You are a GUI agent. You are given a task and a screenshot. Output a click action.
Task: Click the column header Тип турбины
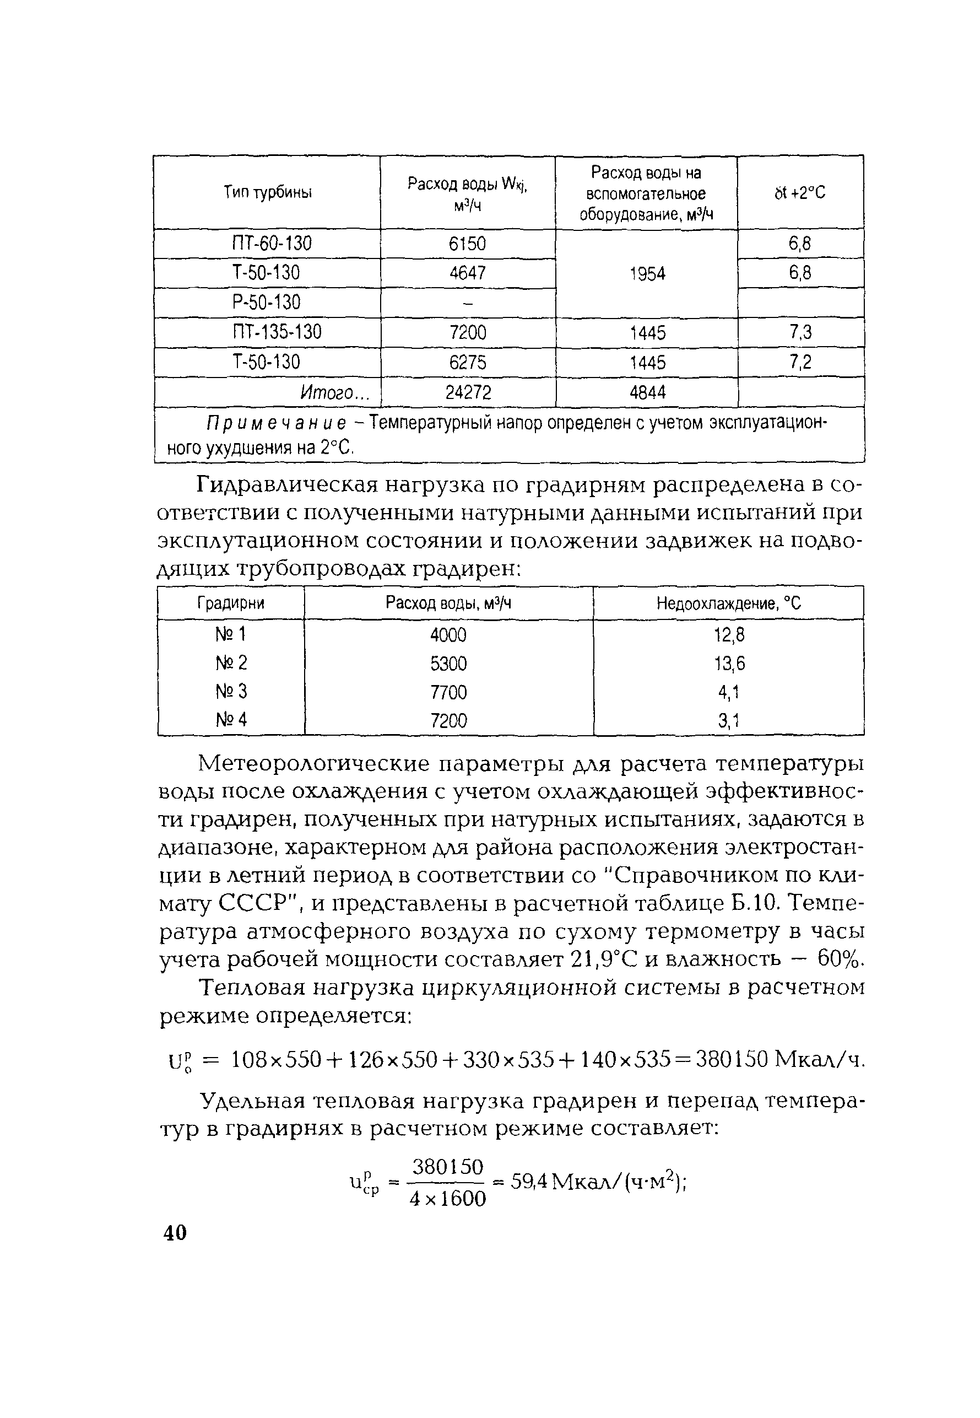coord(267,193)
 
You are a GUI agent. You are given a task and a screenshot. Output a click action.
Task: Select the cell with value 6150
coord(467,244)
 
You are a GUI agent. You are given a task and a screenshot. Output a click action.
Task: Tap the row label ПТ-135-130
coord(277,332)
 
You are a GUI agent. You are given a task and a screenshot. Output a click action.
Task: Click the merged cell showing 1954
coord(647,274)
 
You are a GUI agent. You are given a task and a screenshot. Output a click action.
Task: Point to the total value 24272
coord(468,392)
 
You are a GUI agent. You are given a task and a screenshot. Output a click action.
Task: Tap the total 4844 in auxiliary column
coord(647,392)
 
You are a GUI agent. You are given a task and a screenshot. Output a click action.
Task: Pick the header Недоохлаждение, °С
coord(728,603)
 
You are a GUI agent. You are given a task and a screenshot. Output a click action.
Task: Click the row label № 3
coord(231,692)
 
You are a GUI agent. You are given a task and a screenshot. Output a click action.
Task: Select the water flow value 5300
coord(448,663)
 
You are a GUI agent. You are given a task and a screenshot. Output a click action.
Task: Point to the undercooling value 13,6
coord(729,663)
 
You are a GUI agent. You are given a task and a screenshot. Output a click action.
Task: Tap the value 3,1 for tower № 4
coord(729,720)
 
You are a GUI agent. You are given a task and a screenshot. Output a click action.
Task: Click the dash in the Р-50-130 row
coord(467,303)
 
